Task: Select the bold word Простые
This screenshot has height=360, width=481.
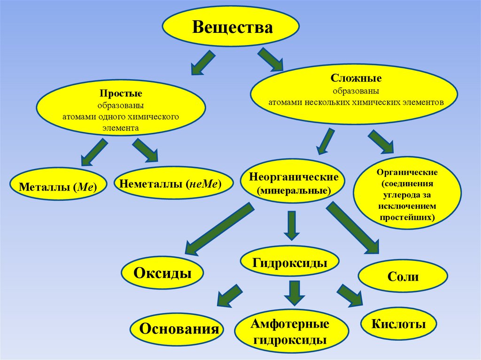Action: [121, 94]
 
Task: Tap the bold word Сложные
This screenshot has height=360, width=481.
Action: [356, 77]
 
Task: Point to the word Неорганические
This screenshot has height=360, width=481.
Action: [294, 178]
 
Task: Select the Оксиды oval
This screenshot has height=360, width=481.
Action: [163, 273]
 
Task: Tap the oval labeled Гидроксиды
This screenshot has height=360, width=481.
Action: [289, 263]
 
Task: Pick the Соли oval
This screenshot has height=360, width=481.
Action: [403, 276]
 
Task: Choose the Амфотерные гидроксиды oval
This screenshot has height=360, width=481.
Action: [290, 331]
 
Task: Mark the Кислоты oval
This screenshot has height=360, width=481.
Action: [398, 324]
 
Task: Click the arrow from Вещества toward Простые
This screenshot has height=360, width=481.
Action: [203, 62]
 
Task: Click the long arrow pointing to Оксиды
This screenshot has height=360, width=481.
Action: [219, 227]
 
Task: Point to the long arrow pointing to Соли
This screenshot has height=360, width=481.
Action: [352, 227]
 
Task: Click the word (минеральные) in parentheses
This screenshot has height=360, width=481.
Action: [294, 191]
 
